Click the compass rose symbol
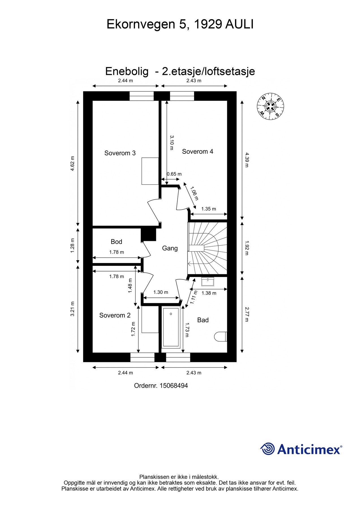click(x=270, y=106)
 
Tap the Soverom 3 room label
click(x=120, y=153)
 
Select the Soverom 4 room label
click(x=197, y=152)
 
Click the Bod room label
click(x=116, y=241)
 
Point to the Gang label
click(x=170, y=248)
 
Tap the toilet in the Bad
click(x=221, y=336)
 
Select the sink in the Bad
click(x=208, y=282)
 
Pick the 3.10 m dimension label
click(x=171, y=143)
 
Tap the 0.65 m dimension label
click(x=174, y=174)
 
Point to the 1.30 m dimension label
click(x=161, y=292)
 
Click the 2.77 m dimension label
click(x=247, y=314)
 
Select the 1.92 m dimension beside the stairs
click(x=247, y=248)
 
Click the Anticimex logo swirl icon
click(x=267, y=449)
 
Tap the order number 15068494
click(x=173, y=385)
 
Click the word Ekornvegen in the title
click(x=141, y=25)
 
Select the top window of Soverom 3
click(x=141, y=96)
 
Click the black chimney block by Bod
click(x=148, y=234)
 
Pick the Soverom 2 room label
click(x=115, y=315)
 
